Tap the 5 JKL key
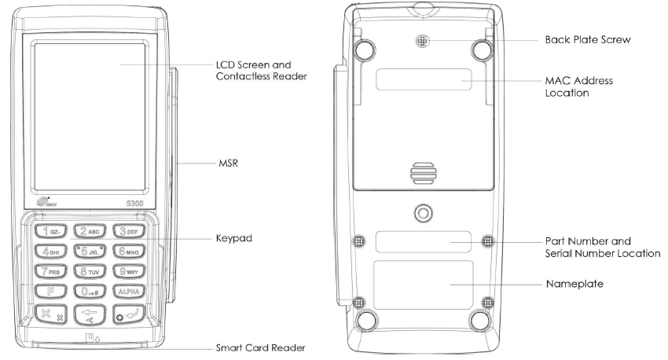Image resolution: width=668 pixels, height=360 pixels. pos(90,252)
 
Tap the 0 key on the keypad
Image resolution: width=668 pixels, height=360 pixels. pos(90,292)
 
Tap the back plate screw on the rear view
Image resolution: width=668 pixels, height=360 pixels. pos(424,38)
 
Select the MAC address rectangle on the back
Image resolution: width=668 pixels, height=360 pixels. pos(424,79)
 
